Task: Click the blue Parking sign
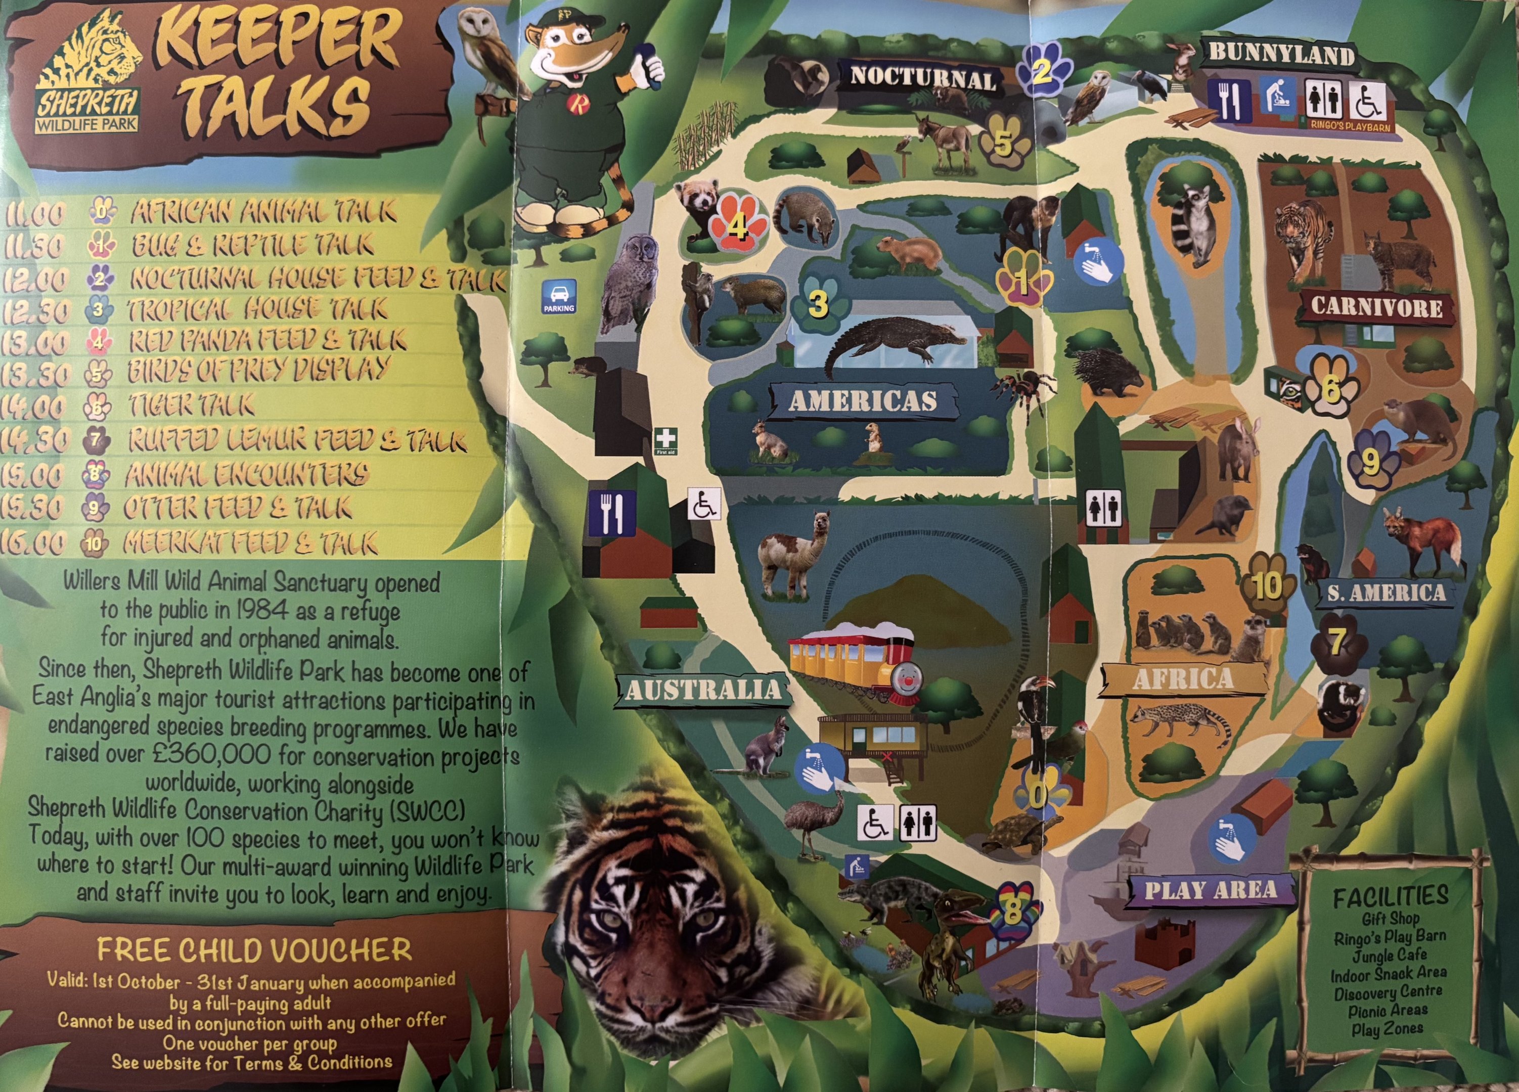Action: tap(559, 296)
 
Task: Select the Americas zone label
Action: tap(863, 400)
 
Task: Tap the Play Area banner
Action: tap(1210, 890)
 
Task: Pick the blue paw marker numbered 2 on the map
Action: tap(1042, 70)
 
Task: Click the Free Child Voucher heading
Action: tap(254, 949)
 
